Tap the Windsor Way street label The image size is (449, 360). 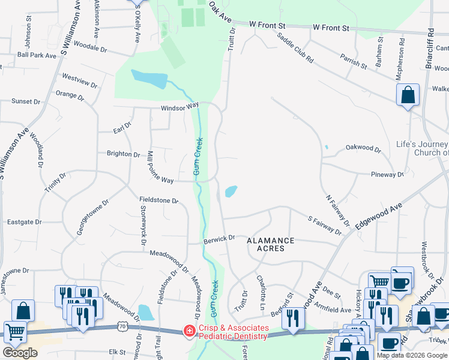(x=179, y=107)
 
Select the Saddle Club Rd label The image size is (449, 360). (x=295, y=48)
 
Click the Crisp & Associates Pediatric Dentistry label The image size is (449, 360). (x=234, y=332)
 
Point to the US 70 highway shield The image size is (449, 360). (x=122, y=326)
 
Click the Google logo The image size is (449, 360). (x=20, y=352)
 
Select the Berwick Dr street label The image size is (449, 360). (x=218, y=239)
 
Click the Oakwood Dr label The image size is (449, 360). (x=363, y=148)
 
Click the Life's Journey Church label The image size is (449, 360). (x=422, y=148)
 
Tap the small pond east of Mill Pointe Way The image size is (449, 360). (x=231, y=192)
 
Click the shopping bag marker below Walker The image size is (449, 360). (x=408, y=95)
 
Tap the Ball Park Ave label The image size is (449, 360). (x=37, y=55)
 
